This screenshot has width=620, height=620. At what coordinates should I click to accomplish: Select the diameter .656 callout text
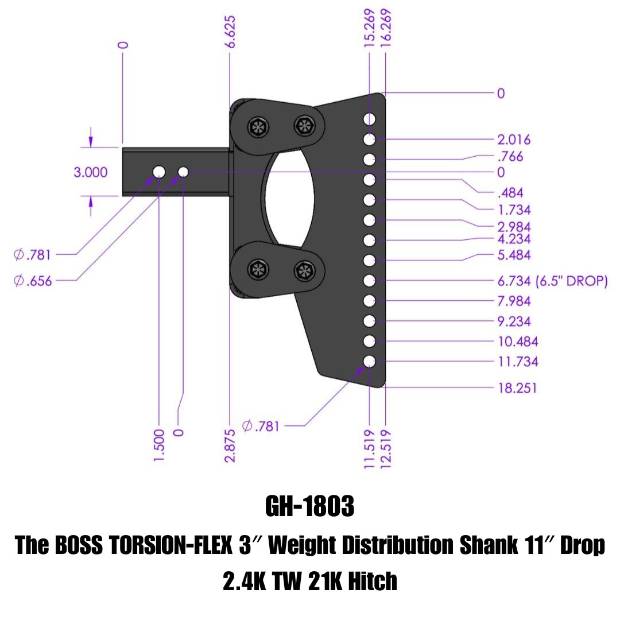pos(33,281)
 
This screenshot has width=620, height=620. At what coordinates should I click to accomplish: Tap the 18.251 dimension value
pos(518,388)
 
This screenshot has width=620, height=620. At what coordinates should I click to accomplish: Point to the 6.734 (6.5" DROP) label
pos(552,281)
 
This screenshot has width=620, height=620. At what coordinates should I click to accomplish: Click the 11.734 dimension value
pos(518,362)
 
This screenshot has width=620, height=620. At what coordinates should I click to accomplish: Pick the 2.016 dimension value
pos(514,139)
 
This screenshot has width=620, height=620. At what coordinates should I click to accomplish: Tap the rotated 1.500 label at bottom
pos(160,444)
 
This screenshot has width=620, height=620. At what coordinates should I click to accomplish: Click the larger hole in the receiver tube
pos(159,172)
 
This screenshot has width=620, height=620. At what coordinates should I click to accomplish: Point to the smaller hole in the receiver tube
pos(184,172)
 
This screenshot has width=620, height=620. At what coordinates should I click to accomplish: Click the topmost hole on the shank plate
pos(369,119)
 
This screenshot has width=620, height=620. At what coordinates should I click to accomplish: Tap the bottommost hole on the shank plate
pos(369,362)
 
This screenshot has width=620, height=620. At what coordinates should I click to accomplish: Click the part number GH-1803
pos(310,507)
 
